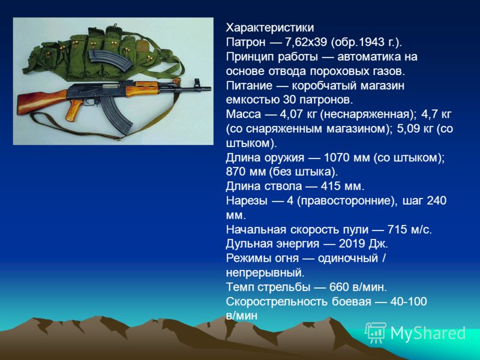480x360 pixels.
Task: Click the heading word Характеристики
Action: (x=269, y=28)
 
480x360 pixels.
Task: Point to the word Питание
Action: (x=249, y=85)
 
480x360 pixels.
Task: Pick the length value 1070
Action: (x=337, y=158)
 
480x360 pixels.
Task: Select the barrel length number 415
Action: (x=331, y=186)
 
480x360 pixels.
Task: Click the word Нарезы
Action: (x=247, y=201)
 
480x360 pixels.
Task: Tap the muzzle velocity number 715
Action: (x=397, y=230)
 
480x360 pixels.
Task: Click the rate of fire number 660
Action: (x=339, y=287)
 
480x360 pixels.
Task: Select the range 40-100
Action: (x=409, y=302)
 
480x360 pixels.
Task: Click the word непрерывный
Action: (x=265, y=273)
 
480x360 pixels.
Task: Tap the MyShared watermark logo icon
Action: (x=376, y=332)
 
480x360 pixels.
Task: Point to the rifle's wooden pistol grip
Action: (x=73, y=110)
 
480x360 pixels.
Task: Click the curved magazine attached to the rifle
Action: (x=117, y=115)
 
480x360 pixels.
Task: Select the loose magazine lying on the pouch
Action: (x=111, y=61)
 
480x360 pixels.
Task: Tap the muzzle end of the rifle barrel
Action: (x=209, y=88)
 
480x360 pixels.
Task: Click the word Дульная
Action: (x=249, y=244)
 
